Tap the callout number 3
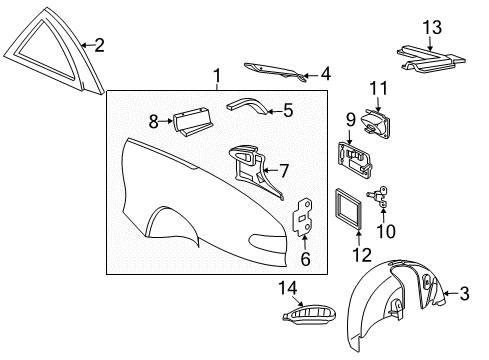464,293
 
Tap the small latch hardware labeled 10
379,198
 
